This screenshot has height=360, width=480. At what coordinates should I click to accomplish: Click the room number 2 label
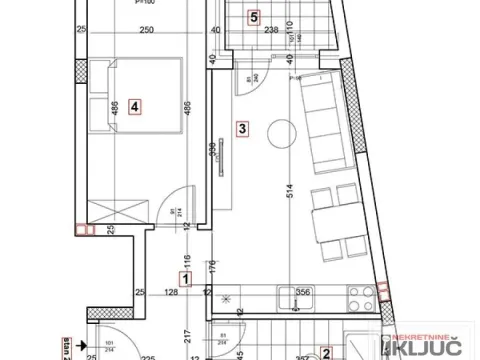tap(326, 352)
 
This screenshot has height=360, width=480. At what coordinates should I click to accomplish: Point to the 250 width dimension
tap(145, 30)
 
